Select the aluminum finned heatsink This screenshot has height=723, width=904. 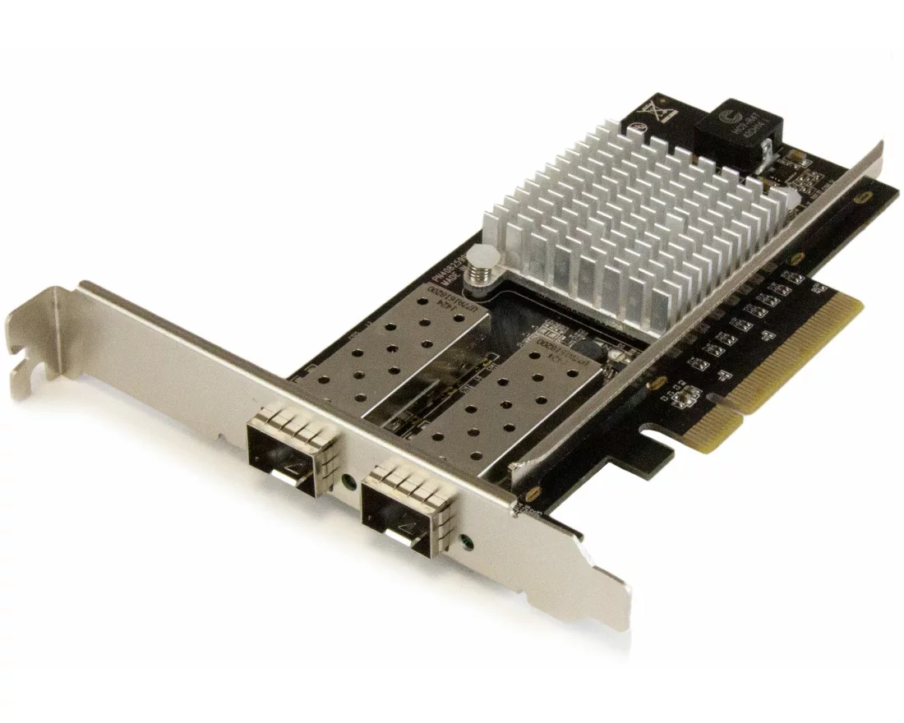(641, 222)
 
